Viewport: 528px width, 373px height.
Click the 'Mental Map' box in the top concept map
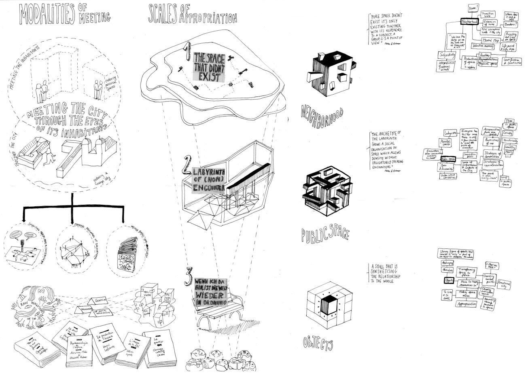point(490,40)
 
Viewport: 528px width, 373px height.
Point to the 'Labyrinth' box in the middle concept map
point(450,133)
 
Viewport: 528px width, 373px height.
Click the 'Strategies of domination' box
point(492,154)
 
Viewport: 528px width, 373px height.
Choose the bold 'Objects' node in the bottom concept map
point(448,280)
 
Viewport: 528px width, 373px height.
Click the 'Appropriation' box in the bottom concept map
point(467,304)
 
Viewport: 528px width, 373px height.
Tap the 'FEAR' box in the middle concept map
point(509,122)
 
